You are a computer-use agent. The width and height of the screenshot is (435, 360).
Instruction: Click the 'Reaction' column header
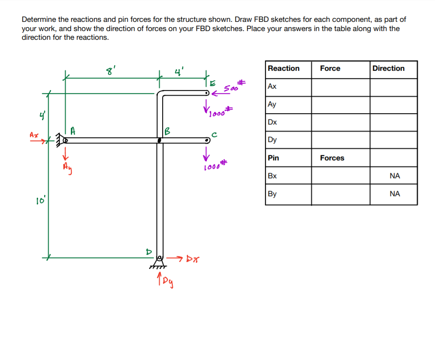click(283, 69)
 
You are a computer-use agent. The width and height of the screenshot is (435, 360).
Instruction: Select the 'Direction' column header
click(388, 69)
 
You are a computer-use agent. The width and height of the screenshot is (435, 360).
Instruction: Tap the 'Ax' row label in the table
click(272, 87)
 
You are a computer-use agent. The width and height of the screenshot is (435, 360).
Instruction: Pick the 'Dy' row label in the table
click(272, 140)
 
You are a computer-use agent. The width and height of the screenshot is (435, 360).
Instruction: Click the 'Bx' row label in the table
click(272, 176)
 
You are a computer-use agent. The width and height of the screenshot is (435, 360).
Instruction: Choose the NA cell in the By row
click(394, 194)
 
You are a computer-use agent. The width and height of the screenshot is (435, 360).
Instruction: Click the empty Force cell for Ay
click(340, 105)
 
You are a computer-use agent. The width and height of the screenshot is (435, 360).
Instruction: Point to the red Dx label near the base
click(193, 260)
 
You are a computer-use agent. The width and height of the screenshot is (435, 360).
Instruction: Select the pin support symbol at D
click(160, 261)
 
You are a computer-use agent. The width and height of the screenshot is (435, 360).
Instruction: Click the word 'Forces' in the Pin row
click(332, 158)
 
